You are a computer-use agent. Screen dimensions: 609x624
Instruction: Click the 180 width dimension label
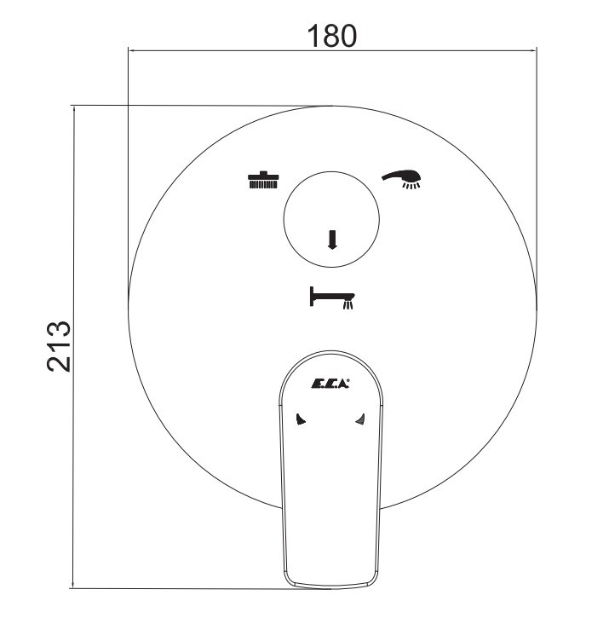tap(332, 36)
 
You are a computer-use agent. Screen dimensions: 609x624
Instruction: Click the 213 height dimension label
tap(60, 346)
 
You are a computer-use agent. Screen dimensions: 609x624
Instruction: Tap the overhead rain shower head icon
tap(263, 180)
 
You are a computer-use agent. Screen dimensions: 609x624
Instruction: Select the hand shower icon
tap(404, 179)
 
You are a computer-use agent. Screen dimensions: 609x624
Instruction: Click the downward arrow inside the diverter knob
tap(332, 240)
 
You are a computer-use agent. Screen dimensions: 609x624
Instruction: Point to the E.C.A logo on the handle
tap(330, 384)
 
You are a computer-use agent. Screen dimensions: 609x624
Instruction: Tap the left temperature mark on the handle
tap(301, 419)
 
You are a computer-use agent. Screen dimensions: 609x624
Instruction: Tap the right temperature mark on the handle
tap(360, 419)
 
